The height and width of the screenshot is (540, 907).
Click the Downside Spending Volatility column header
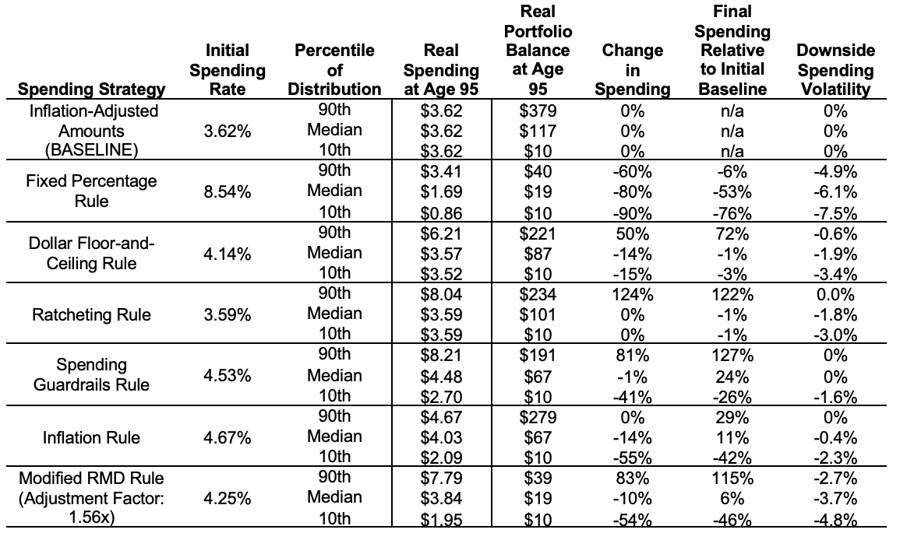(x=835, y=70)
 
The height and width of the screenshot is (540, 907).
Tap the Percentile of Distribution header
(x=334, y=70)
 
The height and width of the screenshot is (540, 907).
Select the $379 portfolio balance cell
(x=538, y=111)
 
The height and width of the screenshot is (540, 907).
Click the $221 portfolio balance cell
(x=538, y=233)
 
